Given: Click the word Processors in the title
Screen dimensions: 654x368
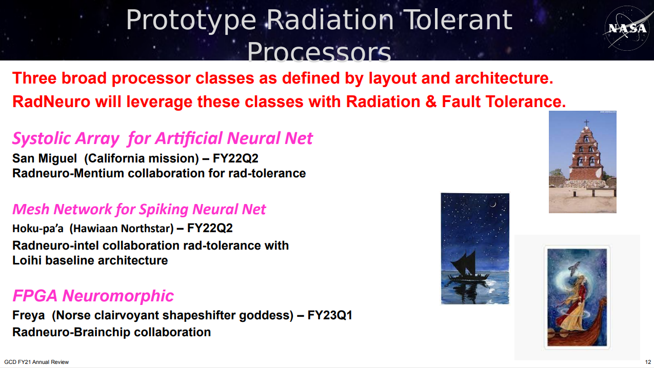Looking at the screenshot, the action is click(319, 52).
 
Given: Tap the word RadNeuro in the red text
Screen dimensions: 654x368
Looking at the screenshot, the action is click(51, 101).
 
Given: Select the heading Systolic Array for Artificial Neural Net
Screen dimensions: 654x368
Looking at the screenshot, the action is click(162, 138).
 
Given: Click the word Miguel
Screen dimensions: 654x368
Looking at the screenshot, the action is click(57, 158).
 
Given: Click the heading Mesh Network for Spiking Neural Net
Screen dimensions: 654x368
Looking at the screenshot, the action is click(139, 209).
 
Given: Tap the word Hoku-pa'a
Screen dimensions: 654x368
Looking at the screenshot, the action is click(37, 229).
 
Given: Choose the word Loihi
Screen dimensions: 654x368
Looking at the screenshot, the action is click(27, 260).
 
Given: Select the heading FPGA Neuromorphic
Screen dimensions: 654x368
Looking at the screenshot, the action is click(93, 296).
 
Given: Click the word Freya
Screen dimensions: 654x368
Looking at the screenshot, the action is click(28, 316).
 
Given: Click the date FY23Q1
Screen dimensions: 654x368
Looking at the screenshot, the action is click(330, 315).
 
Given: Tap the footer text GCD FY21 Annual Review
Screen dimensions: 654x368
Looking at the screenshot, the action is click(36, 362).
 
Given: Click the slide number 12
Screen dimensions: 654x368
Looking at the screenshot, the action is click(648, 362).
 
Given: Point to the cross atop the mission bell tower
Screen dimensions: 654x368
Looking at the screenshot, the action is click(586, 122).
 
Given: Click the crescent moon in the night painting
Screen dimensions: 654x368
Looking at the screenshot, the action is click(493, 205).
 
